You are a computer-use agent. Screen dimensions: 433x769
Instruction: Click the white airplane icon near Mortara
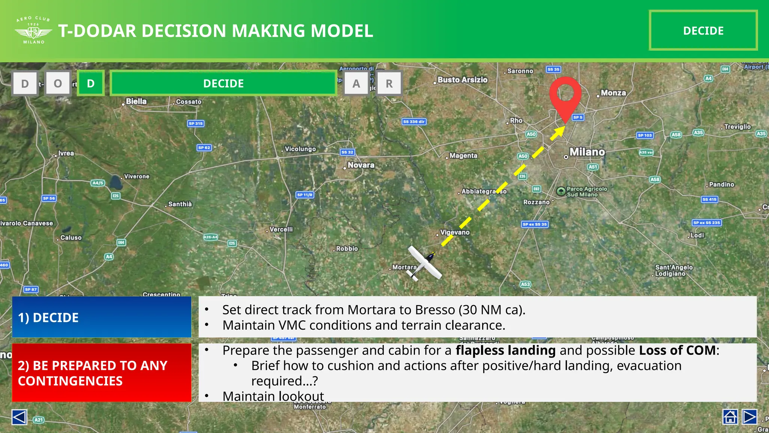(x=425, y=263)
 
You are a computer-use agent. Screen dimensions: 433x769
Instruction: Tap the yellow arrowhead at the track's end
(x=558, y=132)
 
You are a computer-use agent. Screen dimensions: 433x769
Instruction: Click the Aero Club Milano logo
(x=33, y=30)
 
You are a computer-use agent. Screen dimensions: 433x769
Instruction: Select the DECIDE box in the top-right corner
(x=703, y=30)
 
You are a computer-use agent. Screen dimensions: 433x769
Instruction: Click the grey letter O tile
(x=58, y=83)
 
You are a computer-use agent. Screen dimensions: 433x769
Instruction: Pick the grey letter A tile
(x=356, y=83)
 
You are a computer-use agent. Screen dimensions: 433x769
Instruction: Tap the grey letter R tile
(x=389, y=83)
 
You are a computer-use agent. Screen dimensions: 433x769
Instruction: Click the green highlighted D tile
(x=90, y=83)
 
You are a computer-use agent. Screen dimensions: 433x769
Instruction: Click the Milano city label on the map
(x=587, y=152)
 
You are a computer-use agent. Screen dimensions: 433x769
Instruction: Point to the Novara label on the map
(x=360, y=165)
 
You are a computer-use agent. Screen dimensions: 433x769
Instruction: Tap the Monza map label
(x=613, y=93)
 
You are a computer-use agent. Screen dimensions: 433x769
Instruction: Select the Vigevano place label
(x=455, y=232)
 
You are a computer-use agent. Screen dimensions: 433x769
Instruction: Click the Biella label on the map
(x=136, y=101)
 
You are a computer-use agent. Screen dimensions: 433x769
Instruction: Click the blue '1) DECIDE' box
(x=101, y=317)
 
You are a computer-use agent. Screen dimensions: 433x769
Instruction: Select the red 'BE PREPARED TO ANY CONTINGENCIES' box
(x=101, y=372)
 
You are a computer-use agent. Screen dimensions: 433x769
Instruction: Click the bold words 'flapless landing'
(x=505, y=350)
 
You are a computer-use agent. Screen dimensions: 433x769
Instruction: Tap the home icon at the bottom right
(x=730, y=417)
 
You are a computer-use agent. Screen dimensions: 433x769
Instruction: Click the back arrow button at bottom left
(x=19, y=417)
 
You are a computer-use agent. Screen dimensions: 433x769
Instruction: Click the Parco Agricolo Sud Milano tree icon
(x=561, y=191)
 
